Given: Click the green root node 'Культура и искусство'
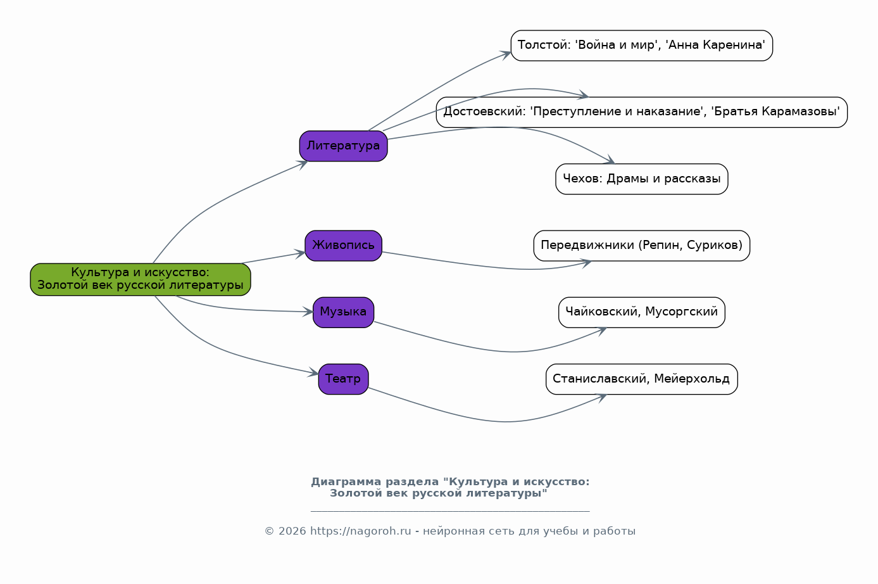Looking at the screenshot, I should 141,279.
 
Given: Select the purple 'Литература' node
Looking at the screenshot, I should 343,146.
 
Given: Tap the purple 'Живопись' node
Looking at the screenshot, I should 343,246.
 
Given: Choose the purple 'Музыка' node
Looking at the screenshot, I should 343,312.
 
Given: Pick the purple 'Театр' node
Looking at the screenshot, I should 343,379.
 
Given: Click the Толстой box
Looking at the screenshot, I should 641,46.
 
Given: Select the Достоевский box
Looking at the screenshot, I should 641,112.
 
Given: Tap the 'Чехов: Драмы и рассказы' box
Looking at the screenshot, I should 641,179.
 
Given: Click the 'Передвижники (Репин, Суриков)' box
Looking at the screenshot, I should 641,246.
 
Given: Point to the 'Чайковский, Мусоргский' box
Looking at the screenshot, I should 641,312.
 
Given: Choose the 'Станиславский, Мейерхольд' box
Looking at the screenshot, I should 641,379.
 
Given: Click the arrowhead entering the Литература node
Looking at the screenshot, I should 303,163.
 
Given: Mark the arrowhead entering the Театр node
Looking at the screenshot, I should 314,374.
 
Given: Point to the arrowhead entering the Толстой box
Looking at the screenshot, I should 506,54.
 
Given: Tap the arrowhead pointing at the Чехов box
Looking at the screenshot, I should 610,161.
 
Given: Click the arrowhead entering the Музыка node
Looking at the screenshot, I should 308,312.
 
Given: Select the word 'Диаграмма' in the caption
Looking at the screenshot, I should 342,482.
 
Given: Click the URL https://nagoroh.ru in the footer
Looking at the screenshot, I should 360,531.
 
